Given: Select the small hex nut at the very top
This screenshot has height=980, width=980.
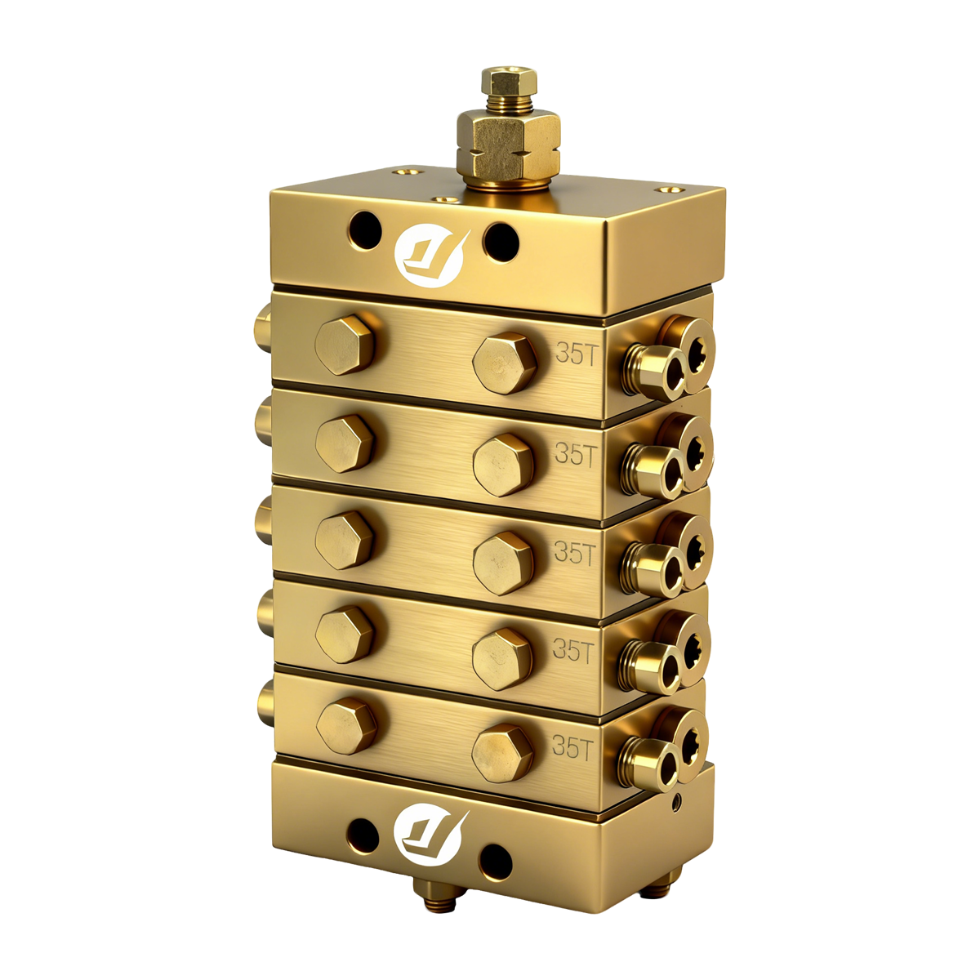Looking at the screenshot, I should (509, 82).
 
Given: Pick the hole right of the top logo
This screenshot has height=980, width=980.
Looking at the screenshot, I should (500, 238).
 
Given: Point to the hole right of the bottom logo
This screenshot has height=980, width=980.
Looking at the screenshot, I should (495, 859).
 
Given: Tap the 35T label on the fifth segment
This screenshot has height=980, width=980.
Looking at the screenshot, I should (572, 747).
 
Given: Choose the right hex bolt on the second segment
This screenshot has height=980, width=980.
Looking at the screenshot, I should (504, 465).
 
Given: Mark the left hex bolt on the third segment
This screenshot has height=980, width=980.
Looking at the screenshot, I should (344, 540).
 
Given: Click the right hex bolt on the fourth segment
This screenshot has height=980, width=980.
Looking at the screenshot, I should (502, 658).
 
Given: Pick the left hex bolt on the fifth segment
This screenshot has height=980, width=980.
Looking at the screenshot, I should (347, 725).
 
